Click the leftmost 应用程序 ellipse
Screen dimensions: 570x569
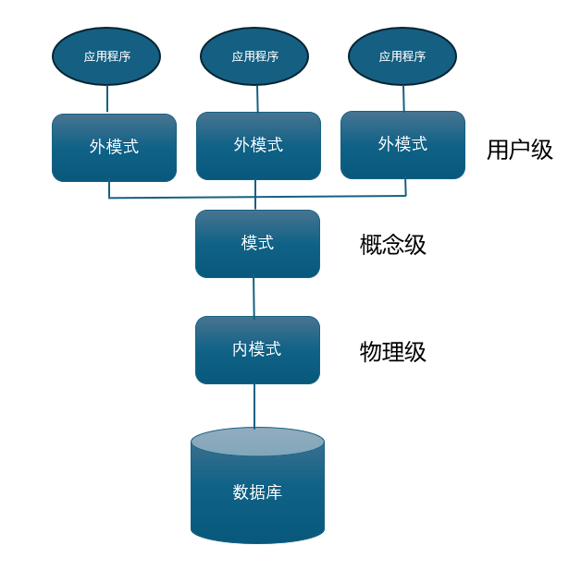pyautogui.click(x=106, y=56)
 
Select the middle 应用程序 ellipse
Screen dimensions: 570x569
pyautogui.click(x=254, y=56)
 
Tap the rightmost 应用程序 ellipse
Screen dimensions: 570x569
pyautogui.click(x=402, y=56)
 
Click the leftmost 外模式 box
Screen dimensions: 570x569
pyautogui.click(x=114, y=148)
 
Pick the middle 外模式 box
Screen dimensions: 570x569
pyautogui.click(x=258, y=146)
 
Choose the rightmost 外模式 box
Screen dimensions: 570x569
pyautogui.click(x=402, y=145)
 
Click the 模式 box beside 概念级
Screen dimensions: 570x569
pyautogui.click(x=257, y=244)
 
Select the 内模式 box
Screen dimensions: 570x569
pyautogui.click(x=257, y=350)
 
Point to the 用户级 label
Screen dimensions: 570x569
pyautogui.click(x=519, y=150)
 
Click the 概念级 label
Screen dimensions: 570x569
pyautogui.click(x=392, y=245)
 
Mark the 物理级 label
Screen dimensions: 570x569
pyautogui.click(x=392, y=352)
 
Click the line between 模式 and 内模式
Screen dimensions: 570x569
pyautogui.click(x=254, y=297)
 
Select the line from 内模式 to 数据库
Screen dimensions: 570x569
pyautogui.click(x=254, y=406)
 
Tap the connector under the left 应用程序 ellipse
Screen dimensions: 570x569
pyautogui.click(x=107, y=99)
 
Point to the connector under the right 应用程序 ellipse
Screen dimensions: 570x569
pyautogui.click(x=403, y=98)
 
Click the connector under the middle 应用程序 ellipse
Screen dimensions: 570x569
pyautogui.click(x=257, y=98)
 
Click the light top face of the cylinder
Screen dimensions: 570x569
pyautogui.click(x=257, y=441)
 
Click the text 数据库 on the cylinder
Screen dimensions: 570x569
pyautogui.click(x=257, y=492)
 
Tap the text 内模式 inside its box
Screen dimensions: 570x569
pyautogui.click(x=256, y=349)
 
